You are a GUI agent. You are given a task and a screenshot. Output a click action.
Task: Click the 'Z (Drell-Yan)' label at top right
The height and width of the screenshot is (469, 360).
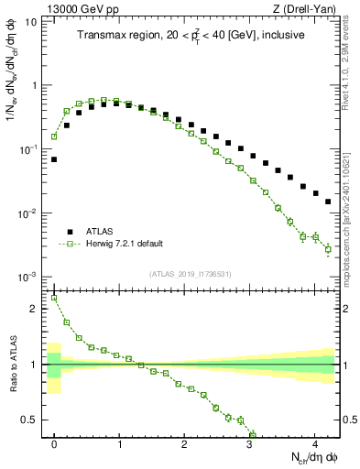[x=307, y=8]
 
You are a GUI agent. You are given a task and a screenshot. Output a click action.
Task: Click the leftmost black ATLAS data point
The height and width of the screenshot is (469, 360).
[x=54, y=159]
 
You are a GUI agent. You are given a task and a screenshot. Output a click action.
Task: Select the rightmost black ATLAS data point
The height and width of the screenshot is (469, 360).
[x=328, y=202]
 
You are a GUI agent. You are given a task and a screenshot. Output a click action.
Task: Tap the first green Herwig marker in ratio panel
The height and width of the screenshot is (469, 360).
[x=54, y=297]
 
